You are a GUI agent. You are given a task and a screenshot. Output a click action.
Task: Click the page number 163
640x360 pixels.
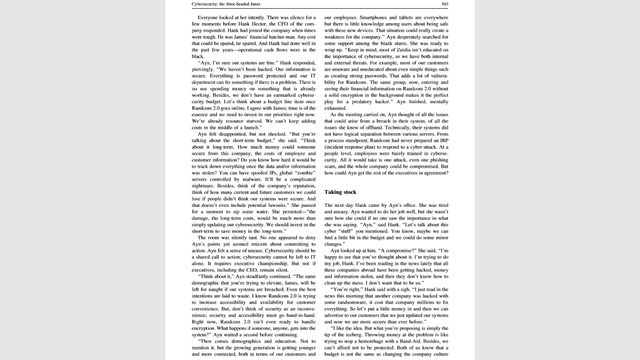[x=444, y=4]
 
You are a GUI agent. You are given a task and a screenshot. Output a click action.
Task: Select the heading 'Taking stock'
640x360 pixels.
[x=341, y=192]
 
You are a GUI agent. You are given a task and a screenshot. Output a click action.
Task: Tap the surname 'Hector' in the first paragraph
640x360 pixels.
[x=271, y=23]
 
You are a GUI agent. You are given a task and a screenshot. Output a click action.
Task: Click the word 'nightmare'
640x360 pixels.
[x=206, y=185]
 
